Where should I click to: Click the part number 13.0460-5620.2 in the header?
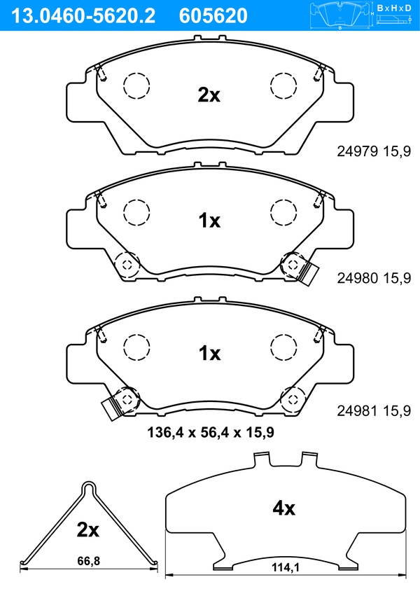(x=83, y=16)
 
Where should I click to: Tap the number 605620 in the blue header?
(x=213, y=16)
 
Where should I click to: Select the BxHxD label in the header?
(x=394, y=8)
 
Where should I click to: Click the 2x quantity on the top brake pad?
(x=209, y=95)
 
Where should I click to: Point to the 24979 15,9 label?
(x=374, y=151)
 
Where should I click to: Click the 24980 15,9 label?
(x=374, y=278)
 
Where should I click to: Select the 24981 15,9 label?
(x=374, y=411)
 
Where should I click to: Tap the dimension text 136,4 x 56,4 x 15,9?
(x=211, y=432)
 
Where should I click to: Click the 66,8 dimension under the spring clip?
(x=89, y=561)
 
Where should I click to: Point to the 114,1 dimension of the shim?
(x=286, y=567)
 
